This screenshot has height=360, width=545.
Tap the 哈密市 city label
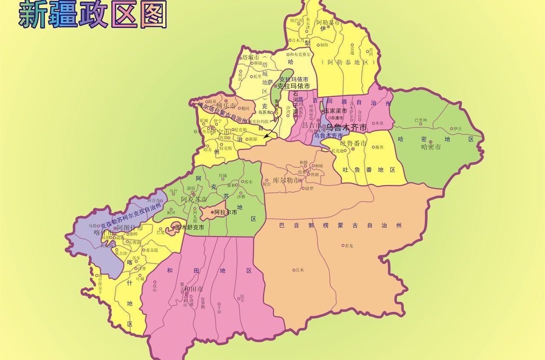click(430, 147)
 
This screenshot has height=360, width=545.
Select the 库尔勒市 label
click(286, 180)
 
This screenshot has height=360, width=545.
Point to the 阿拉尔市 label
click(225, 212)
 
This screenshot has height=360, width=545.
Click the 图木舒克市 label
click(189, 228)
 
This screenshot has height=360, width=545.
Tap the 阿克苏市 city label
click(194, 199)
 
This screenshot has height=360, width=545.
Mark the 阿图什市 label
click(130, 228)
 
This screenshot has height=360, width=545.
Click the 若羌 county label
click(349, 245)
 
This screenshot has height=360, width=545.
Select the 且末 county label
click(300, 270)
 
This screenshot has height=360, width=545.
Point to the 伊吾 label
click(457, 128)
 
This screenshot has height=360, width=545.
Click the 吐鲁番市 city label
click(353, 144)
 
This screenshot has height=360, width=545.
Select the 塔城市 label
click(250, 58)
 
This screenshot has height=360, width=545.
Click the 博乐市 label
click(226, 105)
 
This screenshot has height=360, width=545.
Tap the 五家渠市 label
click(335, 111)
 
